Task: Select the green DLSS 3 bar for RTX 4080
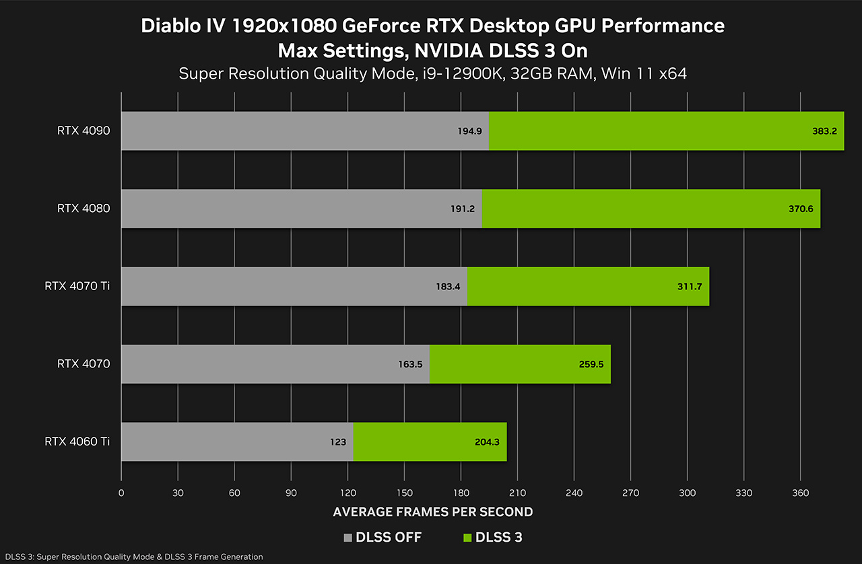pyautogui.click(x=651, y=209)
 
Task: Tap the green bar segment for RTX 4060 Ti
pyautogui.click(x=430, y=442)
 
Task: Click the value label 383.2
pyautogui.click(x=824, y=131)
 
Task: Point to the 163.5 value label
pyautogui.click(x=410, y=364)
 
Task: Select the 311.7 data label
pyautogui.click(x=690, y=287)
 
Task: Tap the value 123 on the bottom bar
pyautogui.click(x=338, y=442)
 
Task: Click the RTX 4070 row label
pyautogui.click(x=84, y=364)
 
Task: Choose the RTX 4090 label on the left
pyautogui.click(x=84, y=131)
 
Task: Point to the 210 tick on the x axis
pyautogui.click(x=517, y=493)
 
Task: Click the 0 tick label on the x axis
pyautogui.click(x=121, y=493)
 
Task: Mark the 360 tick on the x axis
pyautogui.click(x=800, y=493)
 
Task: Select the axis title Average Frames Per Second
pyautogui.click(x=433, y=512)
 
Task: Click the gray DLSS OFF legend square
pyautogui.click(x=347, y=538)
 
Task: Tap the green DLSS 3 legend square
pyautogui.click(x=466, y=538)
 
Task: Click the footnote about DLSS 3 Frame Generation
pyautogui.click(x=132, y=557)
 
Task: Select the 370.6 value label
pyautogui.click(x=801, y=209)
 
